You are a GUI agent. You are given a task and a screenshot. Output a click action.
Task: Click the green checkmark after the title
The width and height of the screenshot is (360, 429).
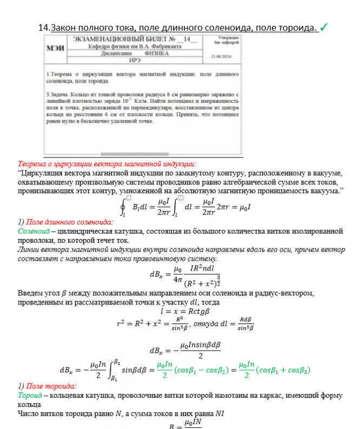click(325, 27)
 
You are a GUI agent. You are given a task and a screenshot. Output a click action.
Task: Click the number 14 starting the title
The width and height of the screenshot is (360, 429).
click(44, 28)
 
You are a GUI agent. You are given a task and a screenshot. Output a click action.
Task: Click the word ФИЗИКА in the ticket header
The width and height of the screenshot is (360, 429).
click(156, 54)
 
